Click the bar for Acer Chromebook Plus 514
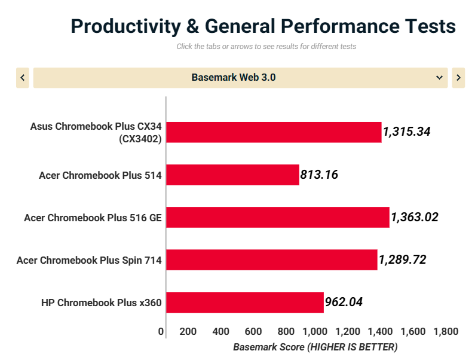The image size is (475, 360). point(232,175)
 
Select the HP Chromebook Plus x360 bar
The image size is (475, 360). point(245,302)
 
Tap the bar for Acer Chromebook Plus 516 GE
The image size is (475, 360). point(278,217)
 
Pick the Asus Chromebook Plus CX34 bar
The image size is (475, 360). point(274,132)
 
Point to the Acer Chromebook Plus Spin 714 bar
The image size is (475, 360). point(272,260)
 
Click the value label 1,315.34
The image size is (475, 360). point(407,132)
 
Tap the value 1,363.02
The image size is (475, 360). point(415,217)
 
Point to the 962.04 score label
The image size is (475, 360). point(344,302)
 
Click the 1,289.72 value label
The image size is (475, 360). point(402,260)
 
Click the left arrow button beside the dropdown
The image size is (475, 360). point(23,78)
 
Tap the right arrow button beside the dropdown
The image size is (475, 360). point(458,78)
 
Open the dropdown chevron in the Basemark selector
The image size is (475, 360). point(440,78)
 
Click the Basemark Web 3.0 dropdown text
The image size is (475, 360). point(234,78)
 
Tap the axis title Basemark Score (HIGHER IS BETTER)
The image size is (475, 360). point(315,347)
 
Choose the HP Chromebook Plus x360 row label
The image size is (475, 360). point(101,302)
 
